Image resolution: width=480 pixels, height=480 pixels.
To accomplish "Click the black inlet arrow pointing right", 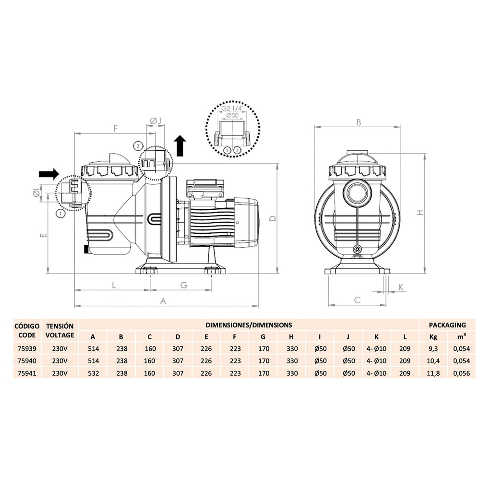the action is pos(48,174).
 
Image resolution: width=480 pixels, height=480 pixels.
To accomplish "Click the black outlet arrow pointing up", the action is pos(180,146).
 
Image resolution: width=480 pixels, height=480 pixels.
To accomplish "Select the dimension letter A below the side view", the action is pos(163,301).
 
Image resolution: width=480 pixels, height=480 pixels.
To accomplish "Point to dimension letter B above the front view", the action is pos(359,122).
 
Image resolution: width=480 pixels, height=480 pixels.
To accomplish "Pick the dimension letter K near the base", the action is pos(401,287).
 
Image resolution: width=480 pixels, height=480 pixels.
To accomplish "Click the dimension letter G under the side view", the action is pos(184,285).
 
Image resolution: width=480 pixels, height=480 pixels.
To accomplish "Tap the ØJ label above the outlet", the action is pos(156,121).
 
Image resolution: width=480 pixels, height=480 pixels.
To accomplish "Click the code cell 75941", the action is pos(27,373).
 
